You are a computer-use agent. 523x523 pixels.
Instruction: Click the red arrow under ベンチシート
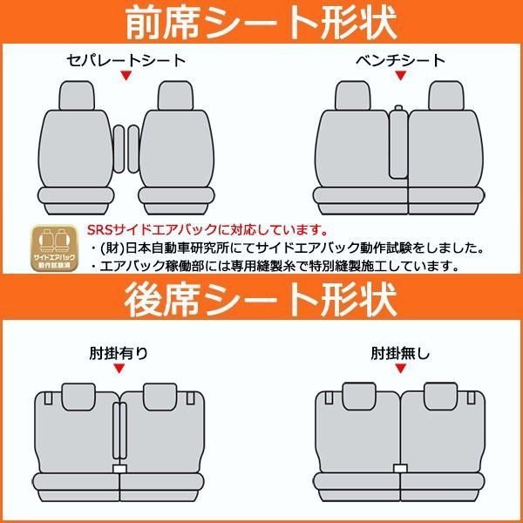401,77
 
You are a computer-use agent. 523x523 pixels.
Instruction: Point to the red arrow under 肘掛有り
119,370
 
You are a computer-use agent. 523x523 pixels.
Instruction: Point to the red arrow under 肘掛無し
401,370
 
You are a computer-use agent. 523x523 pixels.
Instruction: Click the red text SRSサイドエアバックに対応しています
207,232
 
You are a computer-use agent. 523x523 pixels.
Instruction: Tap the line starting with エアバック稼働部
288,265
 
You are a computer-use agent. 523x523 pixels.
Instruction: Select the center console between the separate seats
126,148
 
